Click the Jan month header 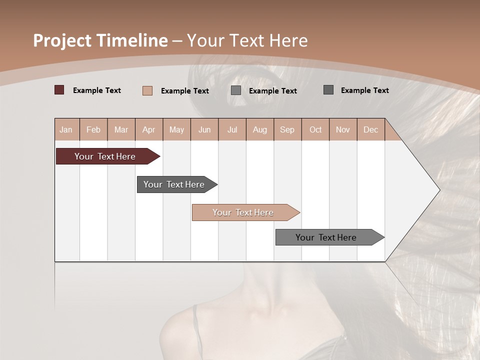pyautogui.click(x=66, y=129)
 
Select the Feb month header pyautogui.click(x=93, y=129)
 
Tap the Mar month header pyautogui.click(x=121, y=129)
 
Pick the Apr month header pyautogui.click(x=149, y=129)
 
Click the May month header pyautogui.click(x=176, y=129)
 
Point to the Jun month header pyautogui.click(x=204, y=129)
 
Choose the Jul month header pyautogui.click(x=232, y=129)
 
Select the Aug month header pyautogui.click(x=260, y=129)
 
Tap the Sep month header pyautogui.click(x=287, y=129)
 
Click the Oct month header pyautogui.click(x=315, y=129)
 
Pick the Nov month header pyautogui.click(x=343, y=129)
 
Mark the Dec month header pyautogui.click(x=371, y=129)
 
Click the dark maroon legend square pyautogui.click(x=59, y=90)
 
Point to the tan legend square pyautogui.click(x=147, y=90)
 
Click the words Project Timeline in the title pyautogui.click(x=100, y=40)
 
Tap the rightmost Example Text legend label pyautogui.click(x=364, y=90)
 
